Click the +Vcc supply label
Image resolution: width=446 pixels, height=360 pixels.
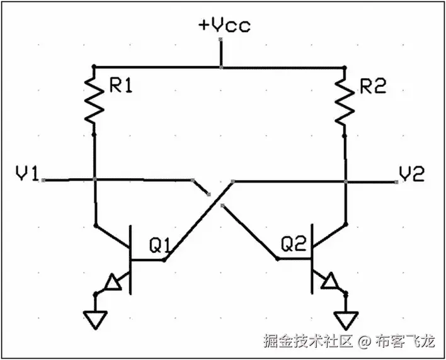(224, 26)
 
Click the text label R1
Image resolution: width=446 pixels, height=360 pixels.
(120, 87)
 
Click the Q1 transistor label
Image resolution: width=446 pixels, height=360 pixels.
(159, 242)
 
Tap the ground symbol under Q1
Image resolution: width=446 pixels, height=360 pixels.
(94, 320)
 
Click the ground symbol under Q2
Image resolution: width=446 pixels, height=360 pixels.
(346, 320)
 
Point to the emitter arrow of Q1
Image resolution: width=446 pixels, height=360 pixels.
(113, 283)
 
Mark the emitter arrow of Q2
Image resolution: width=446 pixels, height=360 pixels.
(328, 283)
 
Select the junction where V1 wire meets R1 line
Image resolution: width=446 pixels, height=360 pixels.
(94, 180)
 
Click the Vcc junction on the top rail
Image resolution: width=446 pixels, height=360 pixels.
(220, 66)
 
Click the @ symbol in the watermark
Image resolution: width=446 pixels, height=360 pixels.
(363, 342)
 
